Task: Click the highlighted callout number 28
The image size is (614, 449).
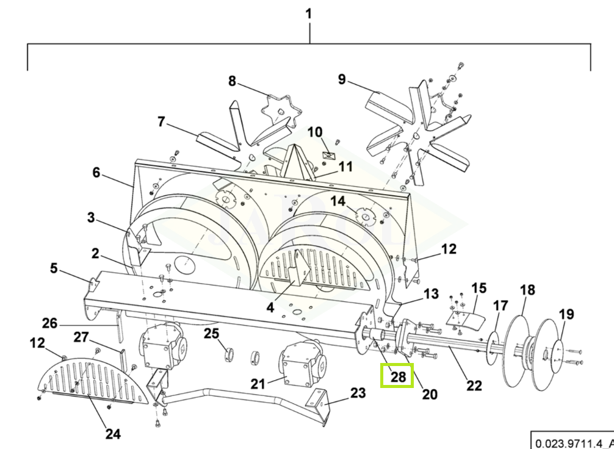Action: pos(398,376)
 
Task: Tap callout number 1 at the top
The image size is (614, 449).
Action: pos(309,13)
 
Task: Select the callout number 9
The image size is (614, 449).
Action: pos(342,79)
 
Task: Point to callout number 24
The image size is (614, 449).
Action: pos(113,434)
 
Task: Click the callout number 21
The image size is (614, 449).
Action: pos(258,384)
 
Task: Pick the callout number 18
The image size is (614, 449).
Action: pos(527,290)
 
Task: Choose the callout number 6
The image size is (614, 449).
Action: pos(96,172)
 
